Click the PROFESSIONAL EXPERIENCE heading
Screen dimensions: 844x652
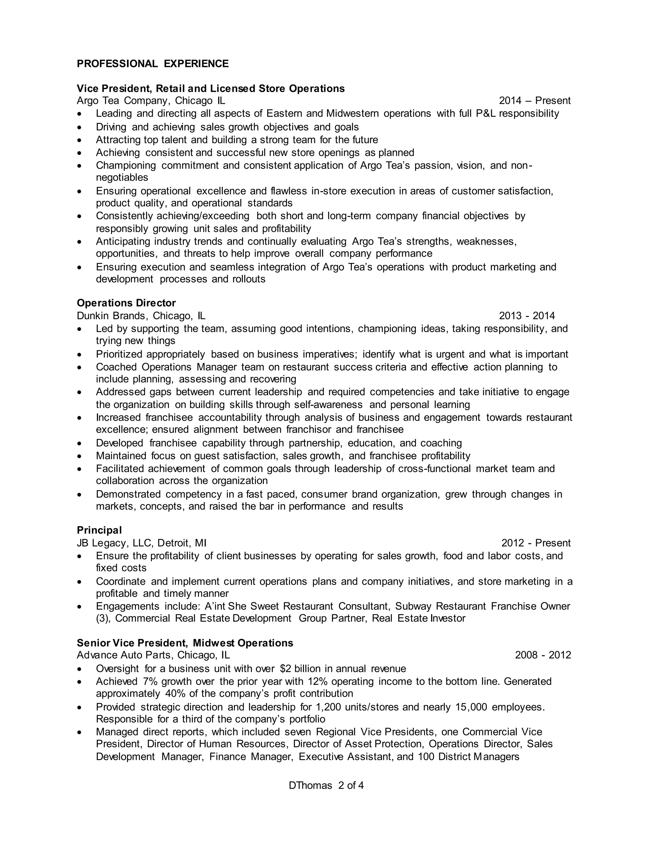pyautogui.click(x=152, y=64)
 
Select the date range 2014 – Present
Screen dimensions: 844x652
pyautogui.click(x=535, y=101)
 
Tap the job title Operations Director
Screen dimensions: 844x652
pyautogui.click(x=126, y=303)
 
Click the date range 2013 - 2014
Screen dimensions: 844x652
pyautogui.click(x=527, y=316)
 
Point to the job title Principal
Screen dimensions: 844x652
pyautogui.click(x=99, y=530)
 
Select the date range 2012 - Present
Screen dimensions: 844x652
pyautogui.click(x=536, y=543)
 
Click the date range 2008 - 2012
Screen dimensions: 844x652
pyautogui.click(x=543, y=655)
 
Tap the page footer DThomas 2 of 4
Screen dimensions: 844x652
pyautogui.click(x=326, y=786)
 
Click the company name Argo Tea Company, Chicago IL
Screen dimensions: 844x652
pyautogui.click(x=151, y=101)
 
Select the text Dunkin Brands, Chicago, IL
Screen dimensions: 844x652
pyautogui.click(x=141, y=316)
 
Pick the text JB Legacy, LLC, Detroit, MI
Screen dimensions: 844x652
pyautogui.click(x=142, y=543)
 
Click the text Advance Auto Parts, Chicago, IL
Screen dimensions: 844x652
pyautogui.click(x=153, y=655)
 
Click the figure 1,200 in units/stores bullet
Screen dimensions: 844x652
pyautogui.click(x=329, y=707)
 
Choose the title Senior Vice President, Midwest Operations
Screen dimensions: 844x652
pyautogui.click(x=185, y=643)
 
